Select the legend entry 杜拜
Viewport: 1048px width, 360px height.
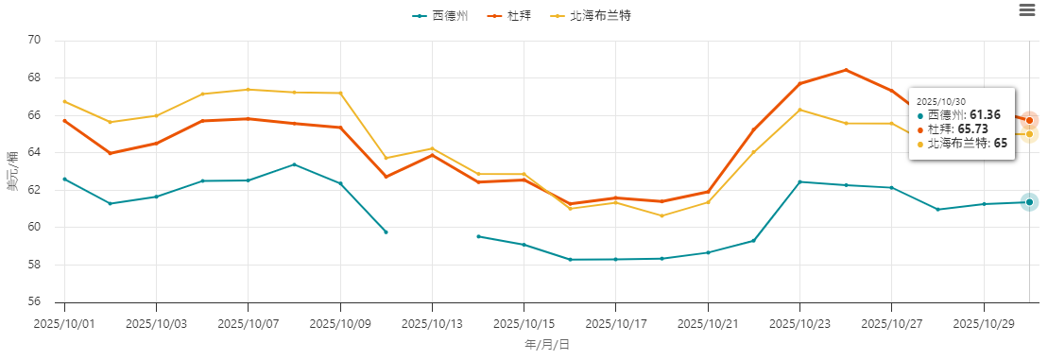pos(517,16)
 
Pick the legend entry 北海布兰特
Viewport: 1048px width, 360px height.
pos(593,16)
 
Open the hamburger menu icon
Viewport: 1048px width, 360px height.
pos(1027,9)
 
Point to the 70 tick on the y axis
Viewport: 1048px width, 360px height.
pos(35,41)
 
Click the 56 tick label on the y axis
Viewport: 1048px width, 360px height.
pos(35,302)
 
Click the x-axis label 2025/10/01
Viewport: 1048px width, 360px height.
pos(64,323)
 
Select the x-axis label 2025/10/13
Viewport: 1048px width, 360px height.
pos(432,323)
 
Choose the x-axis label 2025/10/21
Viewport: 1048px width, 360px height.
pos(708,323)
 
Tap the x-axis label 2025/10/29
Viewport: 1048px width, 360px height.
pos(984,323)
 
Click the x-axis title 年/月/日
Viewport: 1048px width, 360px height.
pos(547,345)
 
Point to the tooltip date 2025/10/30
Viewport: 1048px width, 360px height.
pos(940,100)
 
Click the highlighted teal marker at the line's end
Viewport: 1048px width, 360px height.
pos(1029,202)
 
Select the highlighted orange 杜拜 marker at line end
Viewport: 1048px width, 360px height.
pos(1029,120)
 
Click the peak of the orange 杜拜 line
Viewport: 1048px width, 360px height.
pos(846,70)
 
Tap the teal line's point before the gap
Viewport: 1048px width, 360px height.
pos(386,231)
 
